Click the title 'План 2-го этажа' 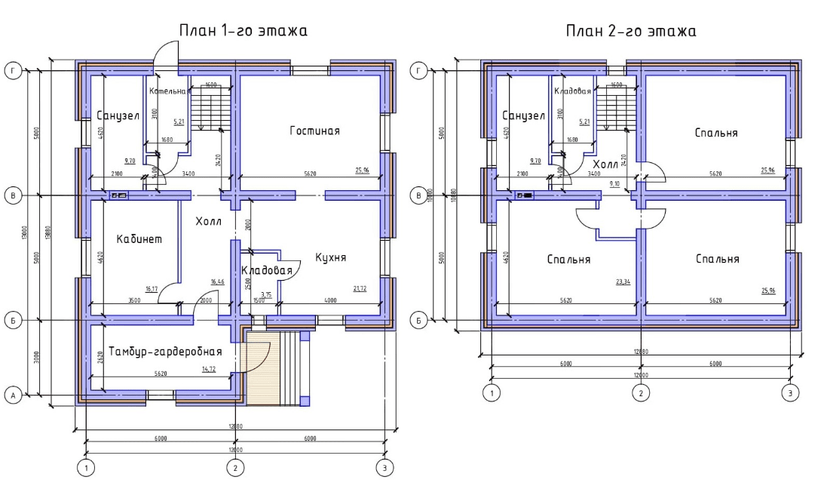(x=631, y=31)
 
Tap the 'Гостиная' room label (x=314, y=131)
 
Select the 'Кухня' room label (x=330, y=257)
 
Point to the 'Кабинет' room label (x=139, y=239)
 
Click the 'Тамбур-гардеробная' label (x=165, y=352)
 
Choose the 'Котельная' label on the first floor (x=167, y=91)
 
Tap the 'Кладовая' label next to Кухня (x=266, y=270)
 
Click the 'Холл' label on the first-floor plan (x=208, y=222)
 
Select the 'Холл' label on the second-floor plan (x=606, y=164)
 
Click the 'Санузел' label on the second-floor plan (x=522, y=116)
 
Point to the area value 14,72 (x=209, y=369)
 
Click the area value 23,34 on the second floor (x=623, y=282)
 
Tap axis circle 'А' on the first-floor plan (x=12, y=395)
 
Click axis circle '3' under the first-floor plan (x=384, y=468)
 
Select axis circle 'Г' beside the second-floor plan (x=418, y=71)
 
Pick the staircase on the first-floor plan (x=204, y=108)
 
